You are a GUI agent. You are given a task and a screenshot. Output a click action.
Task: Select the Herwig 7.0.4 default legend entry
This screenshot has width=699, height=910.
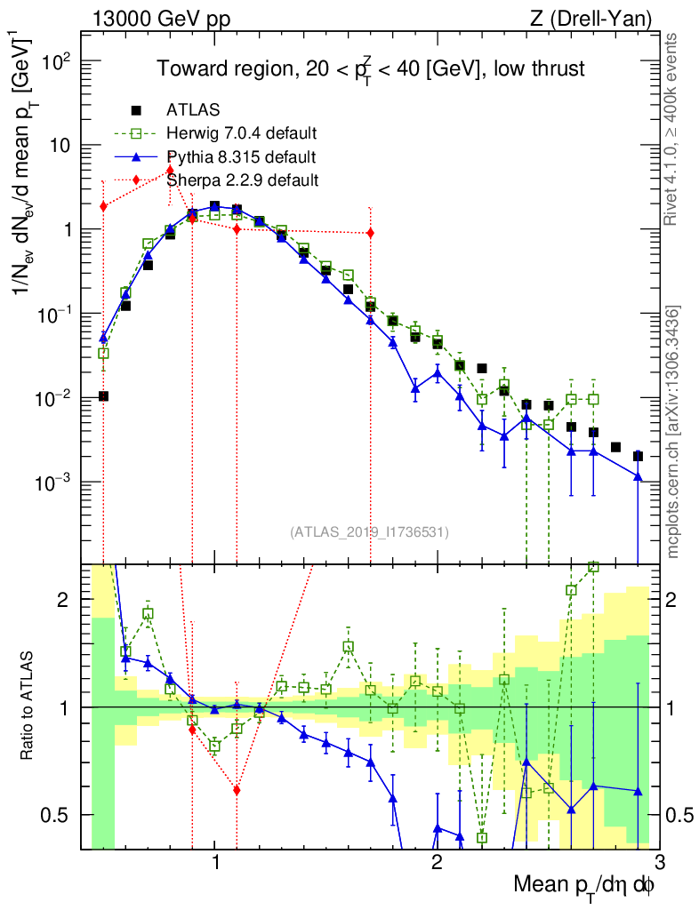point(242,134)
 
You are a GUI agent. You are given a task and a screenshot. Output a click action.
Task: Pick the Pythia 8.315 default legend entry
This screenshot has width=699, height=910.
point(240,157)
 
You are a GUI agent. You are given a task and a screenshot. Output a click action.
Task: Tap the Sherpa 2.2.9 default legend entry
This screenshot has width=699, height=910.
point(242,180)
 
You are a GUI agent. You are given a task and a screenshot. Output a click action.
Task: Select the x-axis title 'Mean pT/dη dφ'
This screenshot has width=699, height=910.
point(584,887)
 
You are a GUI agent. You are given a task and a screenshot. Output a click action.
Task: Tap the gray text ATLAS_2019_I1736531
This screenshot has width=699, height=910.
point(369,532)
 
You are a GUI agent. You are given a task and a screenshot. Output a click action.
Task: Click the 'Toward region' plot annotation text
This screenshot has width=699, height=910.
point(371,69)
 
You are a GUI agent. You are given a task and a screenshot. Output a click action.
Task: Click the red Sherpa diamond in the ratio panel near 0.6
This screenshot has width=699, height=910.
point(237,789)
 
